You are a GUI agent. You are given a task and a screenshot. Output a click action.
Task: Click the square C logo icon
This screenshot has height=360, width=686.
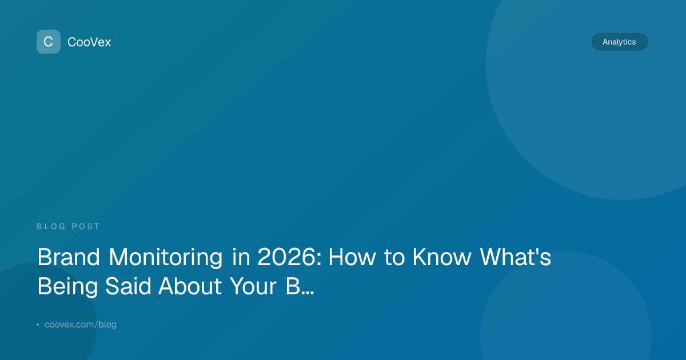pyautogui.click(x=49, y=42)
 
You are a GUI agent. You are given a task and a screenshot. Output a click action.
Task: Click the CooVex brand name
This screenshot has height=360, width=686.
pyautogui.click(x=89, y=42)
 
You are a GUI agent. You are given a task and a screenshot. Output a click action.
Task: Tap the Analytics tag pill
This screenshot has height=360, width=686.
pyautogui.click(x=620, y=42)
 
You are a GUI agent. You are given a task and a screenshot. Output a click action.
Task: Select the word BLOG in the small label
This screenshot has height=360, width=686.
pyautogui.click(x=51, y=226)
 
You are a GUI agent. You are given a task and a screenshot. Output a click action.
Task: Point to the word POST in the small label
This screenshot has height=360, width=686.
pyautogui.click(x=85, y=226)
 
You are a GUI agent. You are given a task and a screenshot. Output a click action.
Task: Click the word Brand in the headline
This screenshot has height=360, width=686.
pyautogui.click(x=69, y=257)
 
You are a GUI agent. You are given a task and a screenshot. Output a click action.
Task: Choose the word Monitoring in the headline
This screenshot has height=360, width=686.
pyautogui.click(x=166, y=258)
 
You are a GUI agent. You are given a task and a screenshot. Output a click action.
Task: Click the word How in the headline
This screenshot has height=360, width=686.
pyautogui.click(x=352, y=257)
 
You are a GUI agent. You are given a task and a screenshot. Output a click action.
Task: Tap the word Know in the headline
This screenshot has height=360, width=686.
pyautogui.click(x=442, y=257)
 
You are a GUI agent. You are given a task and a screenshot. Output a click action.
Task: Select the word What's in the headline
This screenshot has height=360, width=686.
pyautogui.click(x=516, y=257)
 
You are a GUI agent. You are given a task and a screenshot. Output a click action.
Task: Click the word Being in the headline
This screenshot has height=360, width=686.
pyautogui.click(x=67, y=287)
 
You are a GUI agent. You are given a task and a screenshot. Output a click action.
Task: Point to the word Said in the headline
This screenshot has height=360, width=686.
pyautogui.click(x=128, y=286)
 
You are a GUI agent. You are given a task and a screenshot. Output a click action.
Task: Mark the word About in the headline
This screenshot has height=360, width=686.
pyautogui.click(x=190, y=286)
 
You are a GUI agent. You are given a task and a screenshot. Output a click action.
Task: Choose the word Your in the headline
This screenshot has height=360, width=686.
pyautogui.click(x=253, y=286)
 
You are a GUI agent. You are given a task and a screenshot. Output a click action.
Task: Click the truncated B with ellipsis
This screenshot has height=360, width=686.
pyautogui.click(x=300, y=286)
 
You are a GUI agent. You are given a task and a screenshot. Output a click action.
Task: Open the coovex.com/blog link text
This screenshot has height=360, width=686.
pyautogui.click(x=81, y=325)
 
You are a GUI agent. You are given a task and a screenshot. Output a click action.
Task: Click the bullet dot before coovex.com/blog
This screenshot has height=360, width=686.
pyautogui.click(x=38, y=325)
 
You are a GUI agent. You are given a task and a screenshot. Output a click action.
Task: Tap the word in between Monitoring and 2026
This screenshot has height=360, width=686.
pyautogui.click(x=241, y=257)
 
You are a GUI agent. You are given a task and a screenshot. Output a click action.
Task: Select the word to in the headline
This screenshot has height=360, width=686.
pyautogui.click(x=394, y=258)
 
